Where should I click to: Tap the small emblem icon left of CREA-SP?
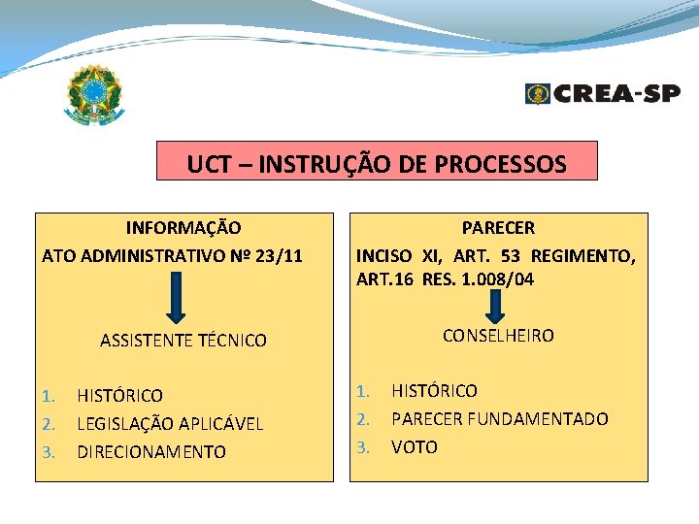537,93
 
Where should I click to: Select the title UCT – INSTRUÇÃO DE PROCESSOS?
377,163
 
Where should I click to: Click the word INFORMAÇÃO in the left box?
183,228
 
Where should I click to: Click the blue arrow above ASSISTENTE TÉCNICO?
176,297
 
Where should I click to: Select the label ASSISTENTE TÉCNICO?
183,341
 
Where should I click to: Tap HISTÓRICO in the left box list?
120,396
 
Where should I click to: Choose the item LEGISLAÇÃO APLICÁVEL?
170,424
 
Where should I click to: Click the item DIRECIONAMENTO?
151,452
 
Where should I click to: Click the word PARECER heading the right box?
498,228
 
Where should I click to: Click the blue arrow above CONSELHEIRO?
494,305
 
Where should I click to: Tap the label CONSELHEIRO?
498,336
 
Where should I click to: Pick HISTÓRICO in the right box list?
434,391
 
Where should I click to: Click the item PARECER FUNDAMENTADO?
499,419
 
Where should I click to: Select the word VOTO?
415,447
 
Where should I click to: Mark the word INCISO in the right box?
384,256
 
